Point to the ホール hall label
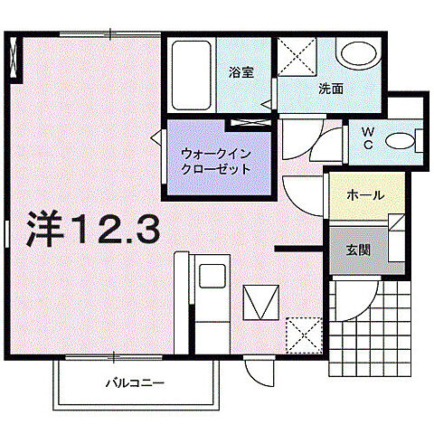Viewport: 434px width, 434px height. [x=365, y=195]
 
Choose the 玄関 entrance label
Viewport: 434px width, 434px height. [x=356, y=247]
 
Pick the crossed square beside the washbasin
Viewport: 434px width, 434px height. [x=295, y=58]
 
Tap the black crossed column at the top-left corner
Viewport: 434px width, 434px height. [x=13, y=60]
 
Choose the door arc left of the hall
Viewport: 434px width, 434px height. [x=302, y=191]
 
